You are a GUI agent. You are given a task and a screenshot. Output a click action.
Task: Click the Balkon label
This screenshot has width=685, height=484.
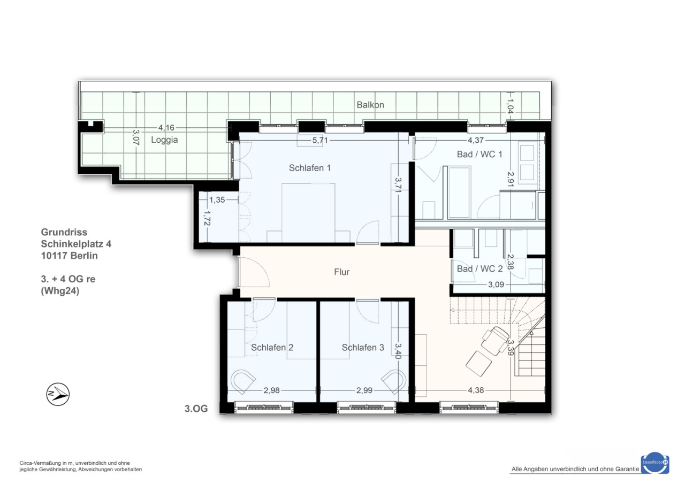(x=370, y=105)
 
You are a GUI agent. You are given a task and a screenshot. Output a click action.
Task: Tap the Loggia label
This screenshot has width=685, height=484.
(x=164, y=140)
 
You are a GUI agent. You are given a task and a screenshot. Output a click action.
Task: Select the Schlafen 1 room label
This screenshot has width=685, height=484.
(x=310, y=168)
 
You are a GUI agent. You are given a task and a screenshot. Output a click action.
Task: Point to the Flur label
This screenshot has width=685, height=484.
(x=341, y=272)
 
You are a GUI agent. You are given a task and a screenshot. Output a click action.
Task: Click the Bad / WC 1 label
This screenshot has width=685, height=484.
(x=479, y=155)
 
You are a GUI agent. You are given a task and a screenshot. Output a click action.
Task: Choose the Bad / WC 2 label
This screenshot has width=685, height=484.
(x=479, y=269)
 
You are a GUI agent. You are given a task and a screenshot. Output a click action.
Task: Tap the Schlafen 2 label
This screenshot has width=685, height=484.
(x=272, y=348)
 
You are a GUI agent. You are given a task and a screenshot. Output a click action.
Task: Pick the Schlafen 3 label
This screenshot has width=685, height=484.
(x=363, y=348)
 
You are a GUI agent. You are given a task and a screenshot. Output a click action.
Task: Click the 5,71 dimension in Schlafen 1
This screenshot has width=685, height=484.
(x=320, y=140)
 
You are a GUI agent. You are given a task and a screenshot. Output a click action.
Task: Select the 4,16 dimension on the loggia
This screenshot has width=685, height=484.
(x=166, y=127)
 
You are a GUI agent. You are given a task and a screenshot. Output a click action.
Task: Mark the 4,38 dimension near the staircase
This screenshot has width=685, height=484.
(x=476, y=390)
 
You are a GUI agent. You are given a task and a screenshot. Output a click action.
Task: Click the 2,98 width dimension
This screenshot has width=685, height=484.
(x=271, y=390)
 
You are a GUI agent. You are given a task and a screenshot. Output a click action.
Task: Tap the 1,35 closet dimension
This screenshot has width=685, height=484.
(x=217, y=200)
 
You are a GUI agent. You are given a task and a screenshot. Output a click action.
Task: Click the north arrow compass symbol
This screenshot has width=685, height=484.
(x=58, y=394)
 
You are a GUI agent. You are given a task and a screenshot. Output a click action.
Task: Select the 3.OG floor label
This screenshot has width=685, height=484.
(x=196, y=409)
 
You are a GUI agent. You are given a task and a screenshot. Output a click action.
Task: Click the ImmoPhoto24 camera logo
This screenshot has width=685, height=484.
(x=655, y=463)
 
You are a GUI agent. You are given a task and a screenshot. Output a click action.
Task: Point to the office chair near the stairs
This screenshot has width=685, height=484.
(x=495, y=341)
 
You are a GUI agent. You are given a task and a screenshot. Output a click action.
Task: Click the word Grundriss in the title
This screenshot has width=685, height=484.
(x=64, y=232)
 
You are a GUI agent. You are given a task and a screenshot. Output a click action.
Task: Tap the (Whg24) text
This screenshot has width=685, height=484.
(x=60, y=291)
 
